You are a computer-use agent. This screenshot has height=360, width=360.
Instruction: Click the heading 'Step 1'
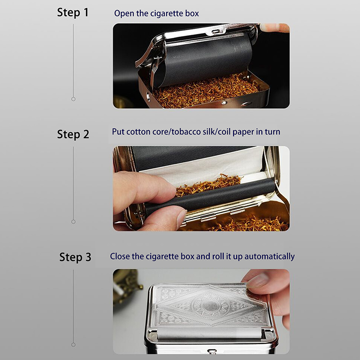click(73, 13)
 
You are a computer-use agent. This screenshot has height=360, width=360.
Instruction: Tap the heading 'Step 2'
click(73, 134)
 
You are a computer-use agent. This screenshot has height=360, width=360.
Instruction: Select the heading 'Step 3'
click(75, 257)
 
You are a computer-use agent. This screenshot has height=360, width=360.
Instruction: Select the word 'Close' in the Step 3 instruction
click(120, 256)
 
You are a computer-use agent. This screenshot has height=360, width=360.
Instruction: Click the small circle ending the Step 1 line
click(73, 99)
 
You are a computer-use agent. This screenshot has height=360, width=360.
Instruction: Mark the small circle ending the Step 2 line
click(73, 222)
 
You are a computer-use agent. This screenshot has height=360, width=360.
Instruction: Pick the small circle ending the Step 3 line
click(73, 345)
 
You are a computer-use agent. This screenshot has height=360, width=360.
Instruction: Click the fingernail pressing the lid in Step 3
click(258, 279)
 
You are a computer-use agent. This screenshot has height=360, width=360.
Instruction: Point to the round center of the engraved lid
click(211, 307)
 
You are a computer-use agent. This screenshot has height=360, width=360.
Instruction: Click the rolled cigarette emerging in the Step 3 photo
click(210, 333)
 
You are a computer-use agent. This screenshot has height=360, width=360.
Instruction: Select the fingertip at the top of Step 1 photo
click(273, 27)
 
